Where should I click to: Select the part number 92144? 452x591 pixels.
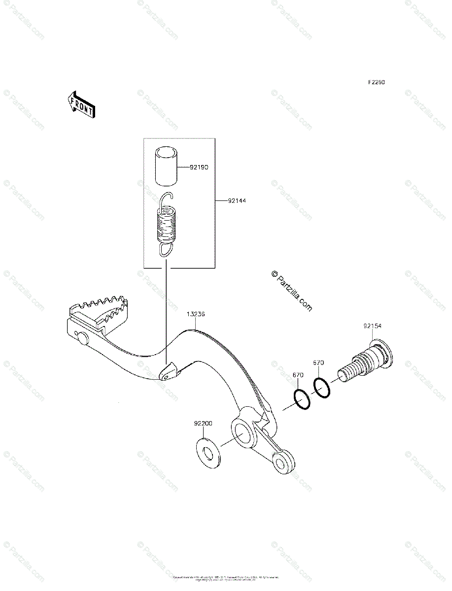237,201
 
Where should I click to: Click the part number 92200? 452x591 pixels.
203,423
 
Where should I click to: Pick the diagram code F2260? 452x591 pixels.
375,82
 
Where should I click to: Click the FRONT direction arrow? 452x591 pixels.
80,104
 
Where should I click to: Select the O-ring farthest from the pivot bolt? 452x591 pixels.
302,399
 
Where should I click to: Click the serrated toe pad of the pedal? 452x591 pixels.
99,310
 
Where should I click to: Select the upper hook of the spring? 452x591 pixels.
168,198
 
